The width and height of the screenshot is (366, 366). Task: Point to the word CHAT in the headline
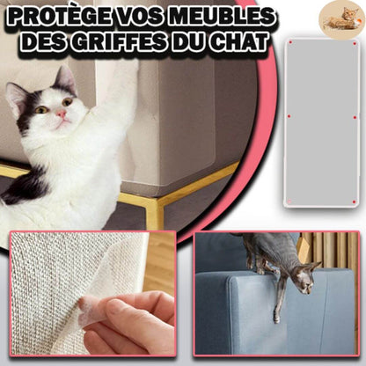pos(238,41)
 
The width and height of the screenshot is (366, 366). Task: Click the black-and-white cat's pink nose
pos(62,113)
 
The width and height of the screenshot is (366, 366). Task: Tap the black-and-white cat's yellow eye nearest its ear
pos(68,102)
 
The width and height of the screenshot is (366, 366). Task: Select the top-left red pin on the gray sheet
pos(290,42)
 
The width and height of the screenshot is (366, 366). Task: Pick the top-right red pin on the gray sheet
pos(355,44)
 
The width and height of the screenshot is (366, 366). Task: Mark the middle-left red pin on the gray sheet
pos(289,116)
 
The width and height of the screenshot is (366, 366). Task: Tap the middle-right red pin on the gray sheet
pos(355,117)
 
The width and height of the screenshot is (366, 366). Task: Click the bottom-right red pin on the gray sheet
pos(354,202)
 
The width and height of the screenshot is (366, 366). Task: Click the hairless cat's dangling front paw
pos(276,318)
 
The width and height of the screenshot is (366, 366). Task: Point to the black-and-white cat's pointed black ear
pos(64,78)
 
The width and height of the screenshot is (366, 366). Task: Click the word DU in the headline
pos(188,41)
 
